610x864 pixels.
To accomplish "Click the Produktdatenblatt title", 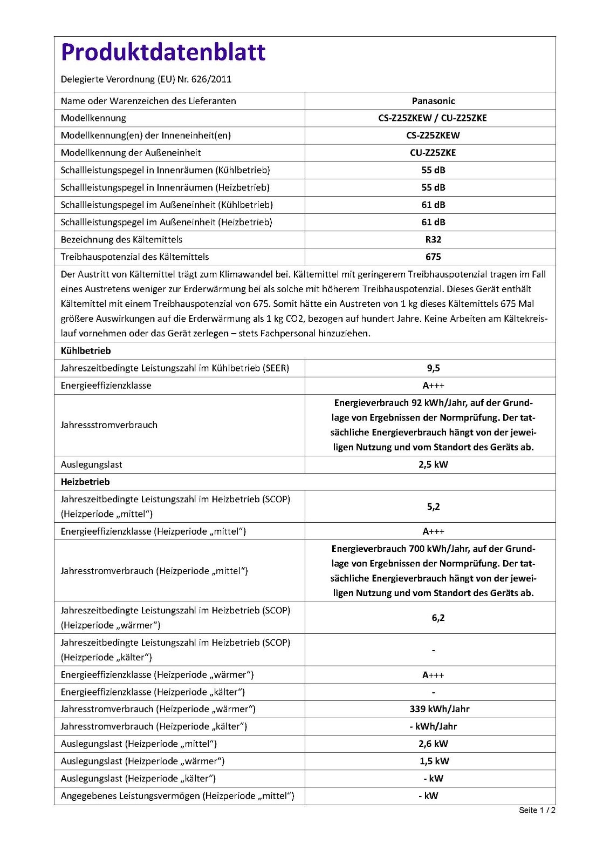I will coord(163,52).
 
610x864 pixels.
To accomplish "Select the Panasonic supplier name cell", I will coord(433,101).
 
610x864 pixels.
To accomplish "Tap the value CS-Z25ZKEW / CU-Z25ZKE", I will coord(433,118).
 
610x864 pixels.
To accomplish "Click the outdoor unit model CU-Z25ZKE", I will coord(433,153).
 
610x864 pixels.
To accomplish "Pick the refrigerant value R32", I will coord(433,240).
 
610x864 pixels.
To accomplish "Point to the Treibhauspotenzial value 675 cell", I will coord(433,257).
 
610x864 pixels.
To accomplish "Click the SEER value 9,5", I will coord(433,368).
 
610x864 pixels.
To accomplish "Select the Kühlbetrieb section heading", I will coord(86,351).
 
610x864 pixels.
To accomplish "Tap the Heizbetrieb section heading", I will coord(85,482).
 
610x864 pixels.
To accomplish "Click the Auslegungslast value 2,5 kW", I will coord(433,464).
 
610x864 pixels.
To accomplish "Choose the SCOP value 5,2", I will coord(433,507).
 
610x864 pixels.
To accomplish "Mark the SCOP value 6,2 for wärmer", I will coord(438,618).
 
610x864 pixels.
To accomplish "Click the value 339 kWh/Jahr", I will coord(439,709).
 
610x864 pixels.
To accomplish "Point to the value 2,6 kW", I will coord(433,744).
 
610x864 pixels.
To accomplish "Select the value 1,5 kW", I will coord(434,761).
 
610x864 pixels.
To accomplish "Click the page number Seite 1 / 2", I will coord(537,810).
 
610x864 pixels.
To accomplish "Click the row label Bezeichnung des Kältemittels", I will coord(121,240).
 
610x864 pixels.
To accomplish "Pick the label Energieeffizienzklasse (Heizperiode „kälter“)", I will coord(153,692).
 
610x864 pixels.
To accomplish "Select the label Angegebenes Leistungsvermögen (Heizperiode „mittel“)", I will coord(177,795).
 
